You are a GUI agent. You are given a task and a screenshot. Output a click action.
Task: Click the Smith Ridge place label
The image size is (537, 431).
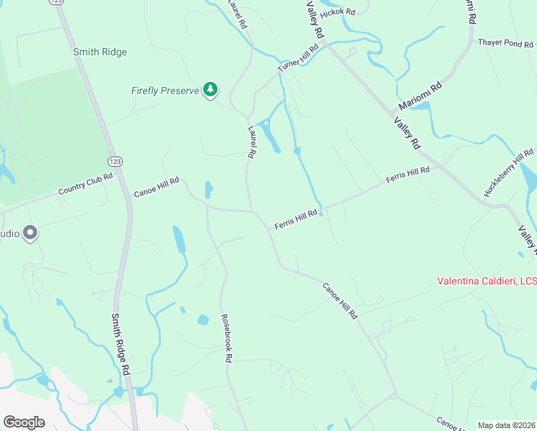(100, 52)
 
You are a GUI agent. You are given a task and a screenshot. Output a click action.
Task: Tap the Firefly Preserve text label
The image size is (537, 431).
(164, 91)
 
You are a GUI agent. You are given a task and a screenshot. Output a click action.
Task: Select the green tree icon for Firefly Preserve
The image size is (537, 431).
(210, 90)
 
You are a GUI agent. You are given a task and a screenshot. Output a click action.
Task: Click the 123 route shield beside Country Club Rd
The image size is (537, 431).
(114, 159)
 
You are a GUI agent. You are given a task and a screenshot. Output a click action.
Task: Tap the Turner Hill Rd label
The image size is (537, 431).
(297, 62)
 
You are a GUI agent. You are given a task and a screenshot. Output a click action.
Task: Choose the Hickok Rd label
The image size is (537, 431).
(338, 12)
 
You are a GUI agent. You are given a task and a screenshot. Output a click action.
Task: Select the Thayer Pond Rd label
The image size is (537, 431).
(505, 43)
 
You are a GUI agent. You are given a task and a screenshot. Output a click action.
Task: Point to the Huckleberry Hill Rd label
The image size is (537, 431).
(508, 172)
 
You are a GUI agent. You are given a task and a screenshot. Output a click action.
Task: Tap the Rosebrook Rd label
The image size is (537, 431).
(227, 337)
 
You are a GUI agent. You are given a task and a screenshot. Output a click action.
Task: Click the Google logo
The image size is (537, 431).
(24, 422)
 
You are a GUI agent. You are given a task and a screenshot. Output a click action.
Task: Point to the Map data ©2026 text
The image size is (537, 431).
(506, 425)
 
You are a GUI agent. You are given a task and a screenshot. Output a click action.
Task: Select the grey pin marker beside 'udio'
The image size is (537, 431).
(30, 233)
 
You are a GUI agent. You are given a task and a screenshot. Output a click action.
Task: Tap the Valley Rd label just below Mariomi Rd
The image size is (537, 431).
(406, 132)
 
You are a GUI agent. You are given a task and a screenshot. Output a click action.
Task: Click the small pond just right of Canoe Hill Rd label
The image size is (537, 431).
(208, 190)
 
